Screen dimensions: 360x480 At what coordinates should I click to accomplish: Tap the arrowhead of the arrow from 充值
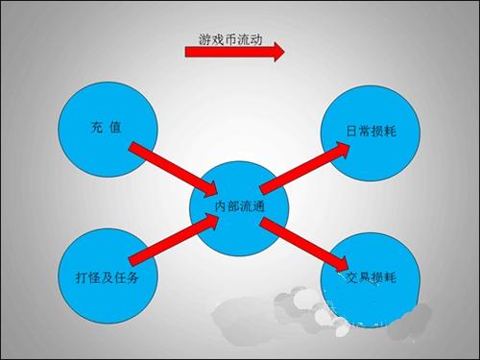click(x=209, y=185)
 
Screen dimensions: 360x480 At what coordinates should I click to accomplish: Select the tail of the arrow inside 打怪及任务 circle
click(x=133, y=259)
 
